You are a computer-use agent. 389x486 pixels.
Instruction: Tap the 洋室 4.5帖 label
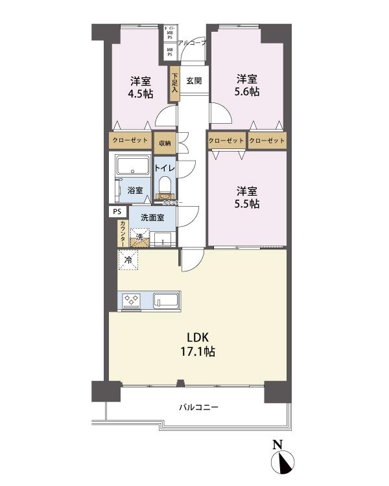141,87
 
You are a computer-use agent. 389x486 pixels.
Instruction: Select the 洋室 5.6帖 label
246,85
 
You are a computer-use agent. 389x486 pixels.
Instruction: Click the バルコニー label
198,408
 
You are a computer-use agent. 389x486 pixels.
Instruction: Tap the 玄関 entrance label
193,81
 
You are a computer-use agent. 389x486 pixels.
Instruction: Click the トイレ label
165,167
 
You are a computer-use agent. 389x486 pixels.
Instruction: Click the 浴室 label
134,191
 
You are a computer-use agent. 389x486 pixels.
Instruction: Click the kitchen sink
167,301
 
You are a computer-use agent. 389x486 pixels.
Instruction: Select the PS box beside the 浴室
117,211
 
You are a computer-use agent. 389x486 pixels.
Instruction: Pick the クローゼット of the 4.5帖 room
129,141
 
